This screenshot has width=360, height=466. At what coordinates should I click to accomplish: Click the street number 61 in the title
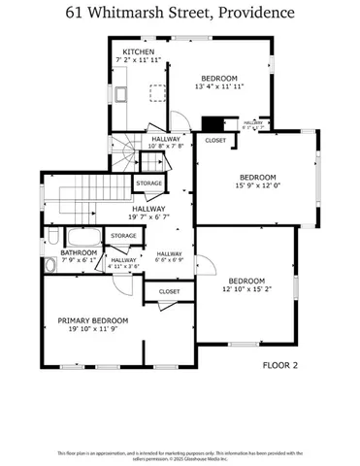76,14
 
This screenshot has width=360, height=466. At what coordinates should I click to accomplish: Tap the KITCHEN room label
138,51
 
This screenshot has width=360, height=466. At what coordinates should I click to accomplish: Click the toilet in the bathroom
51,264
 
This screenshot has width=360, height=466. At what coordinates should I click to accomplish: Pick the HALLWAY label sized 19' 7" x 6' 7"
149,208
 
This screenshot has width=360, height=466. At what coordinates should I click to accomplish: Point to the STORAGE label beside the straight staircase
148,183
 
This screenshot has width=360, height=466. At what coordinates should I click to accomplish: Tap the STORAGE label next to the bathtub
123,235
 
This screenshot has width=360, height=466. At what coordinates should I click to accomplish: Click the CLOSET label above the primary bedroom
169,290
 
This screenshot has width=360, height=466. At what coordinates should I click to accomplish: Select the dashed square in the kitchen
154,92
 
